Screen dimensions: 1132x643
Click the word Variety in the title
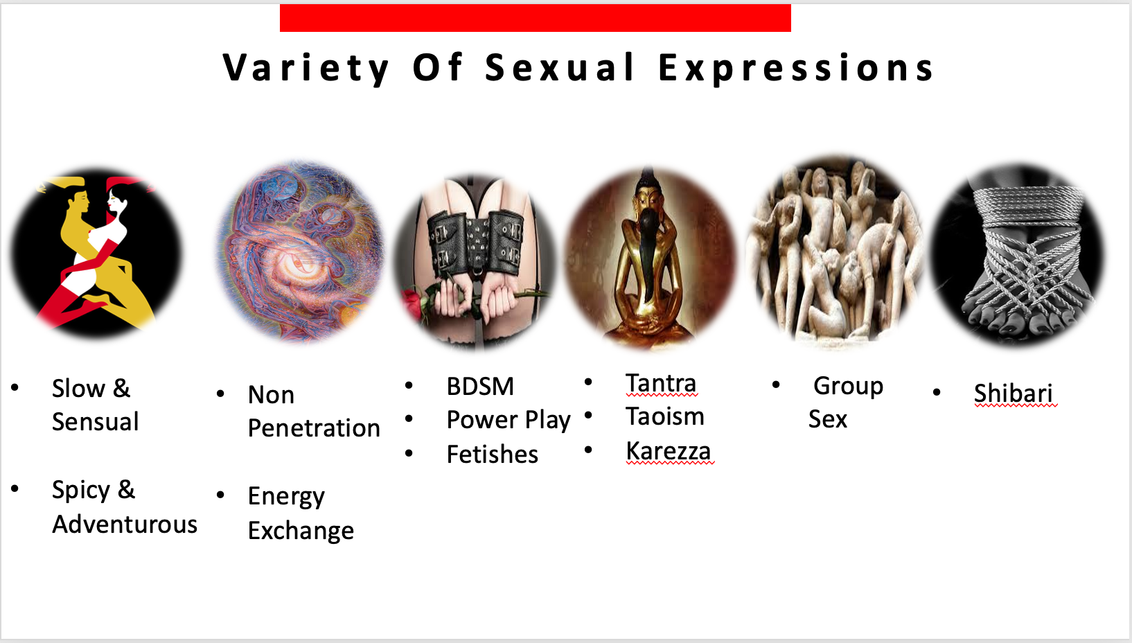point(306,69)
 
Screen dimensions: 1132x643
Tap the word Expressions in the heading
point(796,69)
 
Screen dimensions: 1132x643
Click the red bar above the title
point(536,18)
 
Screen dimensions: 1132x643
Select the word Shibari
point(1014,394)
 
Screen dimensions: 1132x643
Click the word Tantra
point(661,382)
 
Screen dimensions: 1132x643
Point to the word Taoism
point(665,416)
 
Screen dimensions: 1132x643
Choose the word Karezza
point(668,451)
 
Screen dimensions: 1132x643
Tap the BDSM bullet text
point(480,387)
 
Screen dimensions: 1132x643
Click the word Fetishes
point(492,454)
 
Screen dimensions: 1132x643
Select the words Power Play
point(508,420)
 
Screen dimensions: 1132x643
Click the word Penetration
point(314,428)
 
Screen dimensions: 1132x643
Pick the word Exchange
point(301,531)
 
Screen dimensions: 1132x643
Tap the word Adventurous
point(124,525)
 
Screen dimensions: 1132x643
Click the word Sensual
point(95,421)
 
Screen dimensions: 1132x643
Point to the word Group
point(848,387)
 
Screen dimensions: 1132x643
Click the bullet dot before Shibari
point(937,391)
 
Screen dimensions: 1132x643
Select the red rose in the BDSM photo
point(412,303)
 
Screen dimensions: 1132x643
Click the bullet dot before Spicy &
point(15,488)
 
